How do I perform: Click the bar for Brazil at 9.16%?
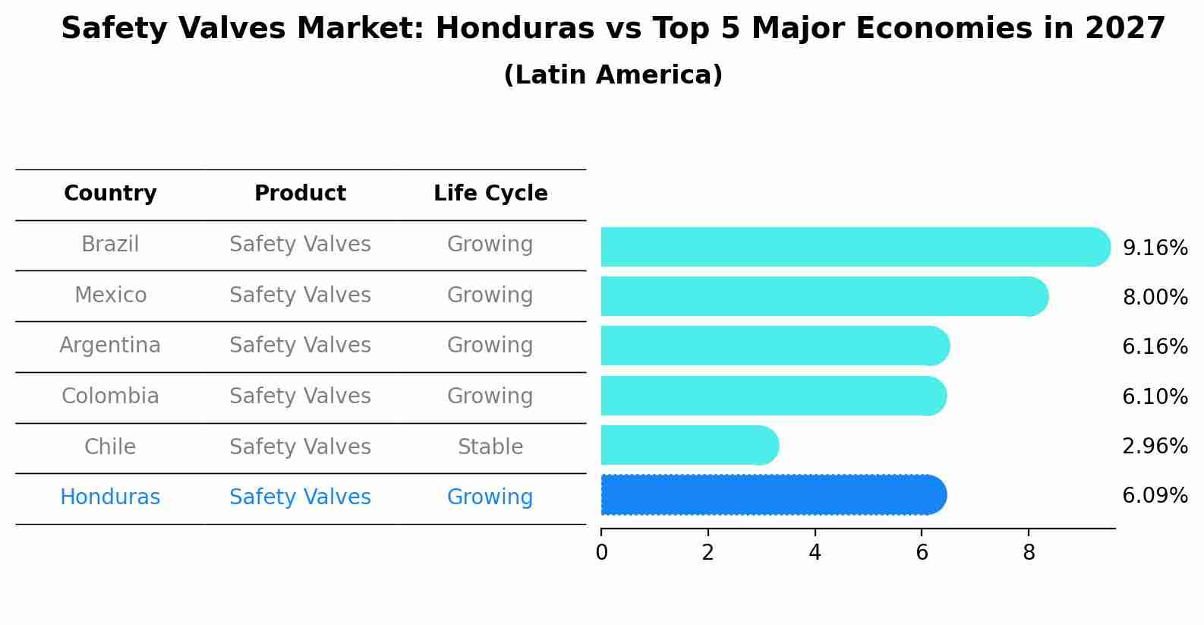854,247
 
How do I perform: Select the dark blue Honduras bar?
773,495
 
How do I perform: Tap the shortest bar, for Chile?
689,446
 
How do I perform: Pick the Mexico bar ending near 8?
824,296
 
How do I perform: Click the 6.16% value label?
1155,347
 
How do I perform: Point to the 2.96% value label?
1155,446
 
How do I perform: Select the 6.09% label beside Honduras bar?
1155,496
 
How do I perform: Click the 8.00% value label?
1155,297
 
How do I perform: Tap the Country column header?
110,194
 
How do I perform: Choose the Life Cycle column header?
490,194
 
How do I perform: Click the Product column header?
300,194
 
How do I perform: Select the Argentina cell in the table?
110,346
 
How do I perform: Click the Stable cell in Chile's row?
490,447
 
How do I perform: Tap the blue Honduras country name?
110,497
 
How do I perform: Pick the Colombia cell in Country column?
110,396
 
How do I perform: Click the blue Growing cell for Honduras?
490,497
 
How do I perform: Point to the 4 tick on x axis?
815,553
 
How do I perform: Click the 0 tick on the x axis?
601,553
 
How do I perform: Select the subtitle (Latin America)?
613,75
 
